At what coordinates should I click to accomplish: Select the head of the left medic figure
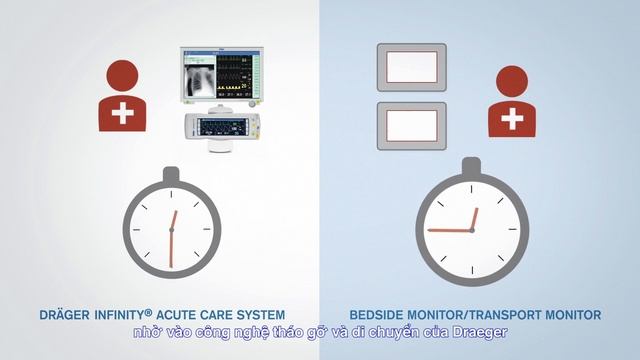[x=123, y=75]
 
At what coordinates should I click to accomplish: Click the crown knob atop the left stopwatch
[x=171, y=176]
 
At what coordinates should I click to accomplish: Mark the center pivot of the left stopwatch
[x=171, y=231]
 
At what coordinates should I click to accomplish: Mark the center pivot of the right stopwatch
[x=471, y=230]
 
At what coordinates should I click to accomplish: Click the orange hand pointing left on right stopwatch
[x=449, y=230]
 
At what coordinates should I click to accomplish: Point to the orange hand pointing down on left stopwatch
[x=171, y=249]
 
